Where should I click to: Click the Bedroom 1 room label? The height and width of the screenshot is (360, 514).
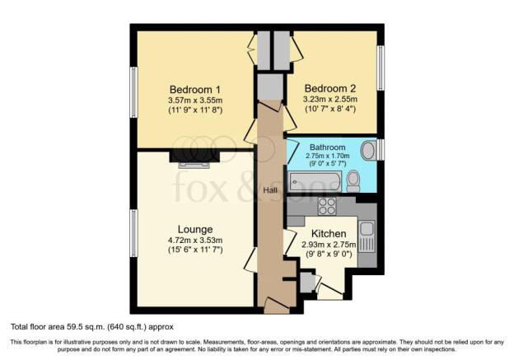coord(195,89)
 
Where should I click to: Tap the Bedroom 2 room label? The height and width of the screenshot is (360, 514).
coord(330,88)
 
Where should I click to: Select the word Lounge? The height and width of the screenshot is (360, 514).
coord(195,229)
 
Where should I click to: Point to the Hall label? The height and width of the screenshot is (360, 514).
coord(270,190)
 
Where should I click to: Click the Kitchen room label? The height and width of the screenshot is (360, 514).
coord(329,234)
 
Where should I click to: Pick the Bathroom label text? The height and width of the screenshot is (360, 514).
coord(328,147)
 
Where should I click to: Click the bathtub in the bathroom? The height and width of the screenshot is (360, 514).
coord(315,181)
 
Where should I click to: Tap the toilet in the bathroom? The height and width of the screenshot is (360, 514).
coord(353,181)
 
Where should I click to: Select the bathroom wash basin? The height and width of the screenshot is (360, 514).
coord(369,151)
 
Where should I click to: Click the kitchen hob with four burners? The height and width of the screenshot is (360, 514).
coord(328,206)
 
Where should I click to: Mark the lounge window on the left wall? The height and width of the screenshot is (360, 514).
coord(133,233)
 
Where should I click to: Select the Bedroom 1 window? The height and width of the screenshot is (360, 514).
coord(133,92)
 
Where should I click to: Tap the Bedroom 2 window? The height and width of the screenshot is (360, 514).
coord(381,68)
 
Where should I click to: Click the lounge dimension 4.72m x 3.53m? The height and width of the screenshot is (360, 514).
coord(195,241)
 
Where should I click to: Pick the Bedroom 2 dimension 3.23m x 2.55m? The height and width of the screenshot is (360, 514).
coord(330,99)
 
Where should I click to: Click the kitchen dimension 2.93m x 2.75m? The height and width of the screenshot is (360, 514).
coord(329,245)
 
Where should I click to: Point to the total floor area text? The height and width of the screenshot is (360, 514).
coord(92,327)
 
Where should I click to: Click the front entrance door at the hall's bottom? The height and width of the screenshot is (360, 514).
coord(277,305)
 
